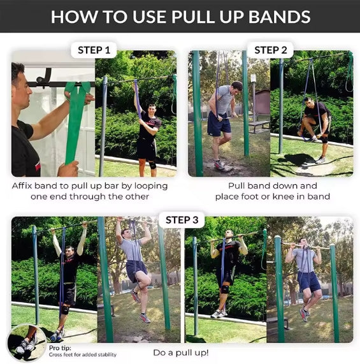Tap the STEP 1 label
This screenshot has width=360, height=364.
click(x=94, y=50)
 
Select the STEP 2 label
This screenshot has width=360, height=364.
click(x=270, y=50)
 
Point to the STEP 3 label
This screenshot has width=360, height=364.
click(x=182, y=220)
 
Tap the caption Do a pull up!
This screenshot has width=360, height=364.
click(x=181, y=352)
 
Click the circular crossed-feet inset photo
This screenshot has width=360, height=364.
click(x=25, y=344)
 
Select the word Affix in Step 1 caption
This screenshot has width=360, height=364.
click(x=24, y=186)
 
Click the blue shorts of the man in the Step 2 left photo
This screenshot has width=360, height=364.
click(x=219, y=124)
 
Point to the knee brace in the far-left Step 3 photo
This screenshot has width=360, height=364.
click(x=64, y=309)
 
